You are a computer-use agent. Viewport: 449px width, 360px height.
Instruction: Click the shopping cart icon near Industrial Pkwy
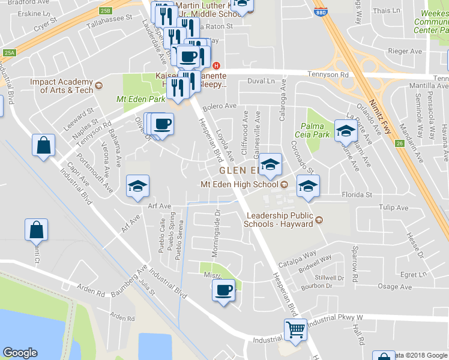295,329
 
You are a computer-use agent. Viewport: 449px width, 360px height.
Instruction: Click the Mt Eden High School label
240,184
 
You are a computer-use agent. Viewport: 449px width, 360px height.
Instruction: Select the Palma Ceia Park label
313,130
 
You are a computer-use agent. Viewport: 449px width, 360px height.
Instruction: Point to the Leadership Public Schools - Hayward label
279,220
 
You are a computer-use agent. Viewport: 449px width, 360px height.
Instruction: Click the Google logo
20,353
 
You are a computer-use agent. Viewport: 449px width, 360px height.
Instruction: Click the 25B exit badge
106,10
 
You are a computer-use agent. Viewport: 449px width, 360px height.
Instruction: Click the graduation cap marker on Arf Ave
137,186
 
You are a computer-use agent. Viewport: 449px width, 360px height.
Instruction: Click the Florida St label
357,194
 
